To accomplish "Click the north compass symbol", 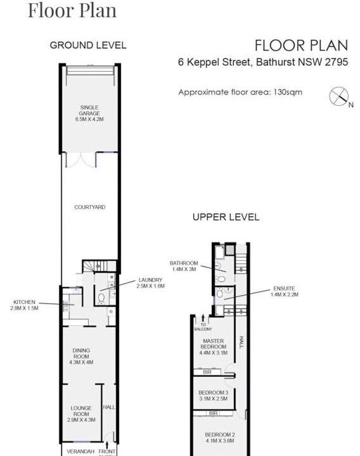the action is (x=339, y=96).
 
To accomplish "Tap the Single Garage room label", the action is (x=89, y=113).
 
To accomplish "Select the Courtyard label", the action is (x=89, y=207).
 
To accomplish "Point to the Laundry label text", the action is (x=150, y=282).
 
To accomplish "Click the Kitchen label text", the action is (x=24, y=305).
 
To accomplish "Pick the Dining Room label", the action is (x=81, y=356).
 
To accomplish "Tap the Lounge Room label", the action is (x=81, y=414).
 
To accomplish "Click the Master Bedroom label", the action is (x=214, y=346).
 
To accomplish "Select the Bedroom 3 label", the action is (x=214, y=395).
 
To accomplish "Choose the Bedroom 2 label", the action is (x=220, y=438).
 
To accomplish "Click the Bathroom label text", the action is (x=184, y=266).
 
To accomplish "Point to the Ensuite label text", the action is (x=284, y=291).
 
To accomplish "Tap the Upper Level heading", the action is (x=226, y=217).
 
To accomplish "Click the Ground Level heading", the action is (x=88, y=46).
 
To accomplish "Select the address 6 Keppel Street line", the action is (x=263, y=62).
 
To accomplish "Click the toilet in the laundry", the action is (x=101, y=298).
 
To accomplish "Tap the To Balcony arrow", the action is (x=203, y=317).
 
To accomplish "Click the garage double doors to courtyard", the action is (x=80, y=160).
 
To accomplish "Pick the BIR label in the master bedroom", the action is (x=207, y=372).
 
